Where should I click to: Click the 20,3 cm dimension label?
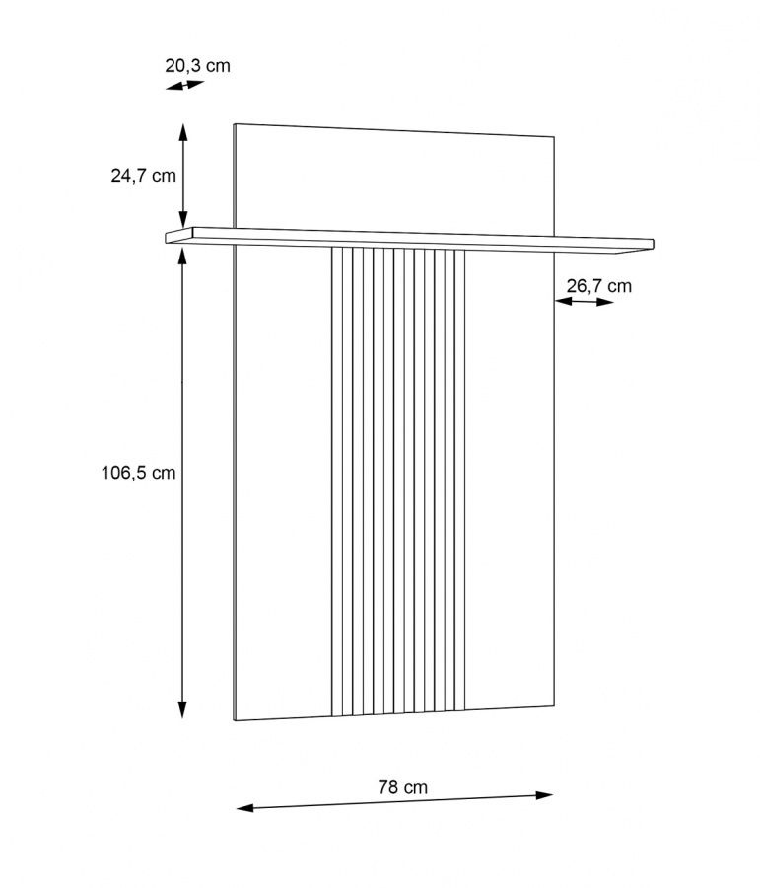pos(197,66)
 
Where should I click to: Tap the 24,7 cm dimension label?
pos(143,176)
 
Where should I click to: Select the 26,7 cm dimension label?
pos(599,286)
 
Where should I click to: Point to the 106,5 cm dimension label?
pos(138,473)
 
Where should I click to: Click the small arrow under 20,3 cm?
pos(184,86)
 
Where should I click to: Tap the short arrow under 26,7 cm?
pos(585,302)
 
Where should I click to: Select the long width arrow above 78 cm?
pos(394,801)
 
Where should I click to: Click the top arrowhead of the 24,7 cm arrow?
pos(182,127)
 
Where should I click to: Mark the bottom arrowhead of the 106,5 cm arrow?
pos(182,712)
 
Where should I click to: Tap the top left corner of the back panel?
pos(235,124)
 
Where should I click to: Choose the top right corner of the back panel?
pos(555,136)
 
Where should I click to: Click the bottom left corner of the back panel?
pos(235,721)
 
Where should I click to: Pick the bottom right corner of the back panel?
pos(555,706)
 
